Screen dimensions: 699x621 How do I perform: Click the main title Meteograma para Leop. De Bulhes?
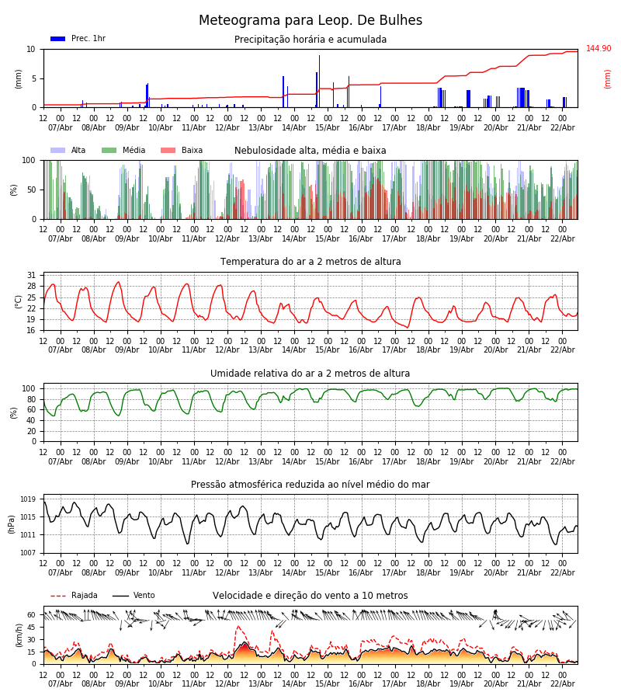pos(310,21)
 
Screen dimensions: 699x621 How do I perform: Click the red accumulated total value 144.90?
pos(598,49)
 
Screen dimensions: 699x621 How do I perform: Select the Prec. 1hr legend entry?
pos(78,39)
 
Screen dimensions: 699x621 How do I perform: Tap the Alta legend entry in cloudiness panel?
pos(69,151)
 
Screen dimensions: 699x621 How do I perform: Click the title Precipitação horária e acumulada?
pos(310,40)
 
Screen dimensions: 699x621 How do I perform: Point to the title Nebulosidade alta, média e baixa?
pos(310,151)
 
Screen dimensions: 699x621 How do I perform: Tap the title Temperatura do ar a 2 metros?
pos(310,262)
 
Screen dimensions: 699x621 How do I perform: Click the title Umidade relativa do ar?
pos(310,374)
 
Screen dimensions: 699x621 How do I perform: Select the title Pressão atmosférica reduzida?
pos(310,485)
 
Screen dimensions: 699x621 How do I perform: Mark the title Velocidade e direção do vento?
pos(310,596)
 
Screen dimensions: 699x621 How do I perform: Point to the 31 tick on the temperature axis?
pos(31,276)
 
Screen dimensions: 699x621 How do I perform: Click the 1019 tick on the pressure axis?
pos(28,499)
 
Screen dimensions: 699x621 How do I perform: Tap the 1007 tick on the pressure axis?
pos(28,553)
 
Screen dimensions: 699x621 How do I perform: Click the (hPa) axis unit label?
pos(12,523)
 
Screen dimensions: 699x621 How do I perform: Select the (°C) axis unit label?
pos(18,301)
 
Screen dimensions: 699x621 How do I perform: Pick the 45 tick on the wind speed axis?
pos(31,627)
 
